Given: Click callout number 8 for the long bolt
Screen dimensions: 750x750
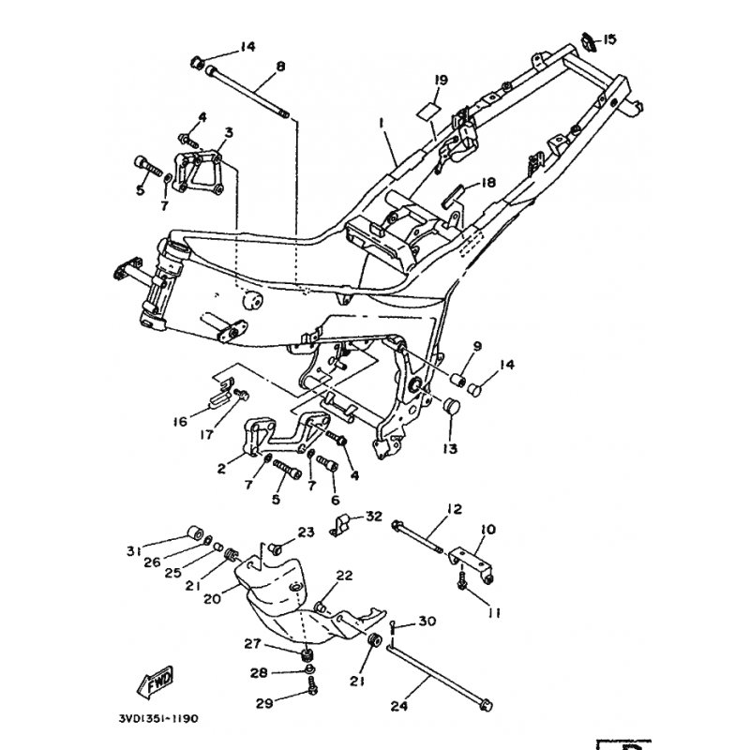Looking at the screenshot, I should click(280, 67).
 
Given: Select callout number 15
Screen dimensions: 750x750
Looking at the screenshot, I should click(609, 39).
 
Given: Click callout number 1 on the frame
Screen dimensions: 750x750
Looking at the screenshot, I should click(383, 123).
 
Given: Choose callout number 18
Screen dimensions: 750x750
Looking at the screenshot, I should click(487, 183).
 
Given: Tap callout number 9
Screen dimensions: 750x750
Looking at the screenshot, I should click(476, 347).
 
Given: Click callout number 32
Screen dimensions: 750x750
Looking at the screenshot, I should click(373, 516).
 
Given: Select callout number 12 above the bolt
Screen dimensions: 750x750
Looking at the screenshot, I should click(455, 509).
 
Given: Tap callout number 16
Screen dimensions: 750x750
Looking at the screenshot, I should click(182, 420).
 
